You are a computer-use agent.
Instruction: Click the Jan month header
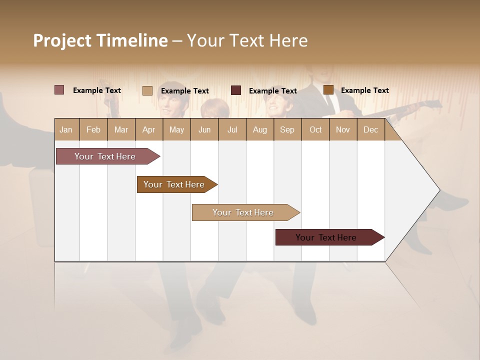tap(66, 129)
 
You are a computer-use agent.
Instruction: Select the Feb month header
tap(93, 129)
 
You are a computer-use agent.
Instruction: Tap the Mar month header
tap(121, 129)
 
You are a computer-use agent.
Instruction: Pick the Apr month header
tap(148, 129)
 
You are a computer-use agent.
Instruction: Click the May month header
tap(176, 129)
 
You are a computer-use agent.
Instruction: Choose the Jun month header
tap(204, 129)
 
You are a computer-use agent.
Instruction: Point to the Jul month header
tap(232, 129)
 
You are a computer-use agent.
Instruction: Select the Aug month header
tap(259, 129)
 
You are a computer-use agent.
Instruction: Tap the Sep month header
tap(287, 129)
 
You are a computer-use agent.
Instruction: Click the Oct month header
tap(315, 129)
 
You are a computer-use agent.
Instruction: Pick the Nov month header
tap(343, 129)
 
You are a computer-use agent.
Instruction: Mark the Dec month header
tap(370, 129)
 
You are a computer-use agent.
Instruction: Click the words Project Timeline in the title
tap(100, 40)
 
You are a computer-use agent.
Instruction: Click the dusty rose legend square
tap(59, 90)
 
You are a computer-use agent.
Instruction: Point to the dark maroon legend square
tap(236, 90)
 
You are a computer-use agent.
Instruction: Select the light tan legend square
tap(147, 90)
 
